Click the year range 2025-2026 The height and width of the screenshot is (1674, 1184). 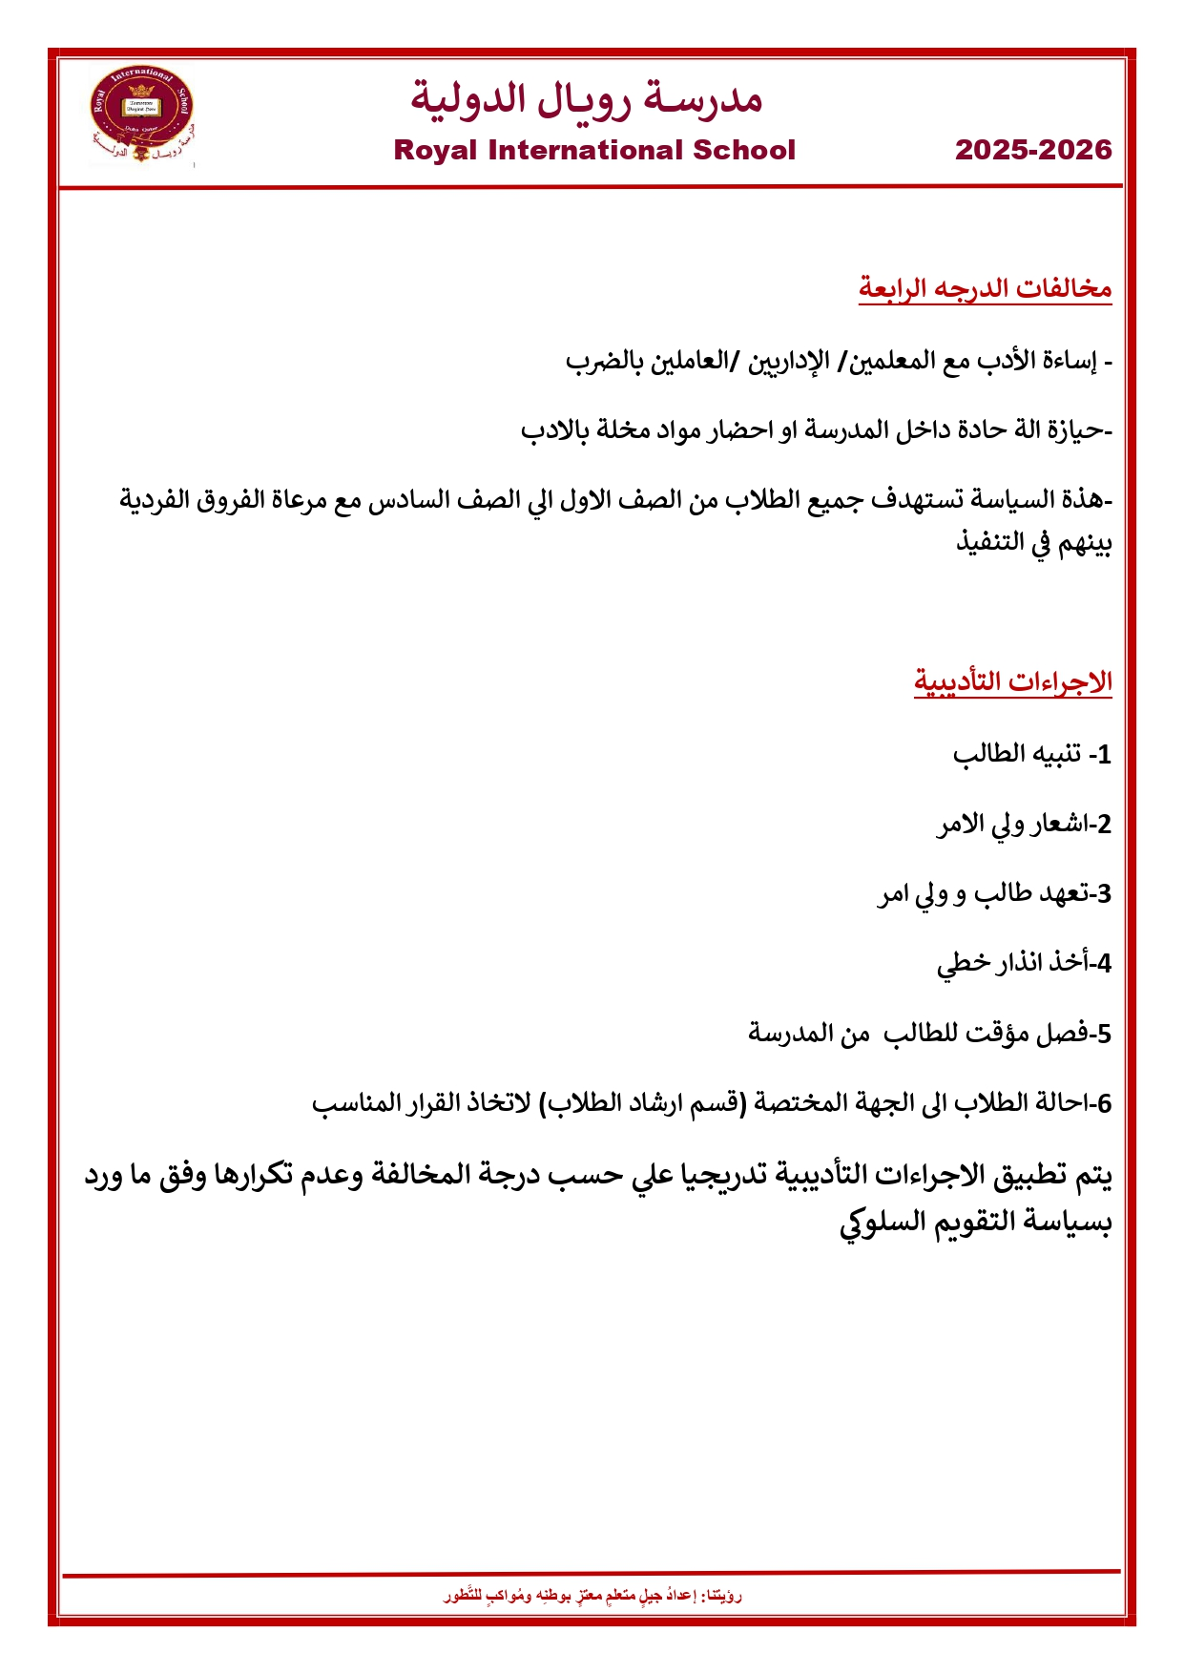click(1033, 150)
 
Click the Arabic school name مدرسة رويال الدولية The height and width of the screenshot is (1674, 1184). click(587, 98)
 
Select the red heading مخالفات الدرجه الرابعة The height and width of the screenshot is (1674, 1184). click(985, 287)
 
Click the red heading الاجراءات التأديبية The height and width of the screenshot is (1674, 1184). click(1012, 681)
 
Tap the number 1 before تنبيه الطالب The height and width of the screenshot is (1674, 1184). click(1104, 755)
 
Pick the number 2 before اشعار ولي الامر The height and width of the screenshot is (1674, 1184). click(1104, 825)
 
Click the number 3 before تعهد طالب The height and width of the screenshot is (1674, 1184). click(1104, 894)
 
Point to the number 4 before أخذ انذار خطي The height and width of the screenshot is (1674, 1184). click(1104, 964)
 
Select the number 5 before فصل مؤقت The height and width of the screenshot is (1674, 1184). click(1104, 1034)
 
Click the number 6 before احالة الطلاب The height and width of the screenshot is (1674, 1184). click(1104, 1103)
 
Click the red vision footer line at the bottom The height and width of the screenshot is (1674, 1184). click(592, 1595)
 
